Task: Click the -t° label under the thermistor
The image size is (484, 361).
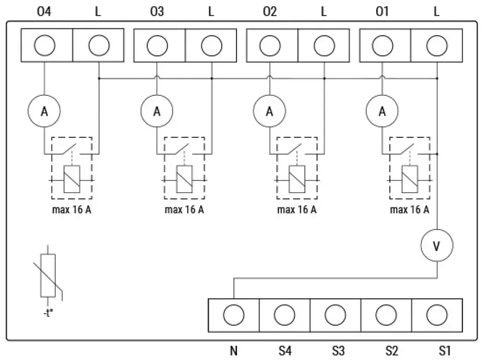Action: (48, 313)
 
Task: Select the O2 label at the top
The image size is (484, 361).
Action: (270, 12)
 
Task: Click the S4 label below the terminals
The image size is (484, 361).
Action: (285, 351)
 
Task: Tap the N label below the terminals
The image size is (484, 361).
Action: (234, 351)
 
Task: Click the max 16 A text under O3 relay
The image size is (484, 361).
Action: (184, 209)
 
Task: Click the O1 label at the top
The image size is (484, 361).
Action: (382, 12)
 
